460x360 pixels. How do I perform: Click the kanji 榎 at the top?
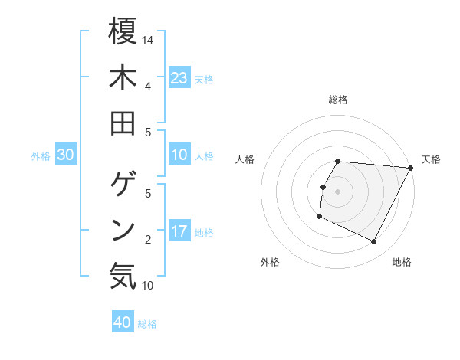123,31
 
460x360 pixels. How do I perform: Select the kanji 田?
123,123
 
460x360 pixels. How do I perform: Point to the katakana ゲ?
123,184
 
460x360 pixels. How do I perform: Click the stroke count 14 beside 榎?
148,40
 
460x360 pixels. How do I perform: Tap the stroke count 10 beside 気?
148,286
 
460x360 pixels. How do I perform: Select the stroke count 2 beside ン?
148,240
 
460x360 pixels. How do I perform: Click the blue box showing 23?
179,78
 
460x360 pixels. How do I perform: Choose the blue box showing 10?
179,155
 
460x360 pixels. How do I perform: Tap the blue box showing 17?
179,231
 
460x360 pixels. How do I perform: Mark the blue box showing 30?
66,155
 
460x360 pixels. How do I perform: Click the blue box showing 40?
123,322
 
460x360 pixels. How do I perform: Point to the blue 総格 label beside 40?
147,324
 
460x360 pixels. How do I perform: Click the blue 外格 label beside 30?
41,156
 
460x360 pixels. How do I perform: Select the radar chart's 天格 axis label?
432,160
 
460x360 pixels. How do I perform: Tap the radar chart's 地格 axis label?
402,263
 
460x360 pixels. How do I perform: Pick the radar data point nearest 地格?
374,242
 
